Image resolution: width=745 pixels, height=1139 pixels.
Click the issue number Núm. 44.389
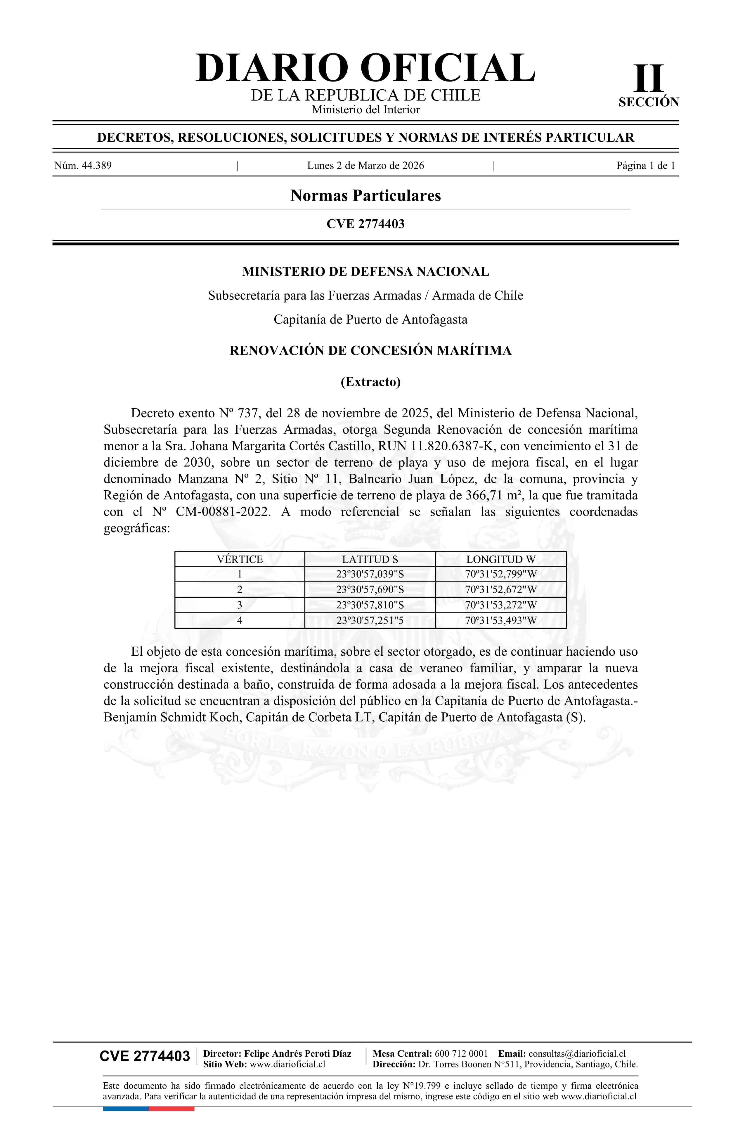[83, 166]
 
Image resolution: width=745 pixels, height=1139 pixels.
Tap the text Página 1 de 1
[645, 166]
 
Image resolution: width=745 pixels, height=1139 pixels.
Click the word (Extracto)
[370, 382]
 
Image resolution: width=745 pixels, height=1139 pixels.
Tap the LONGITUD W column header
[500, 559]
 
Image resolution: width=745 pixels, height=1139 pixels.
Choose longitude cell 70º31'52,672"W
[500, 590]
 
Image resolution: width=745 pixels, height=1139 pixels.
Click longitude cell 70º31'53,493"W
[500, 620]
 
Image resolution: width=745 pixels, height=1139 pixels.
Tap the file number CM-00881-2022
[223, 512]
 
